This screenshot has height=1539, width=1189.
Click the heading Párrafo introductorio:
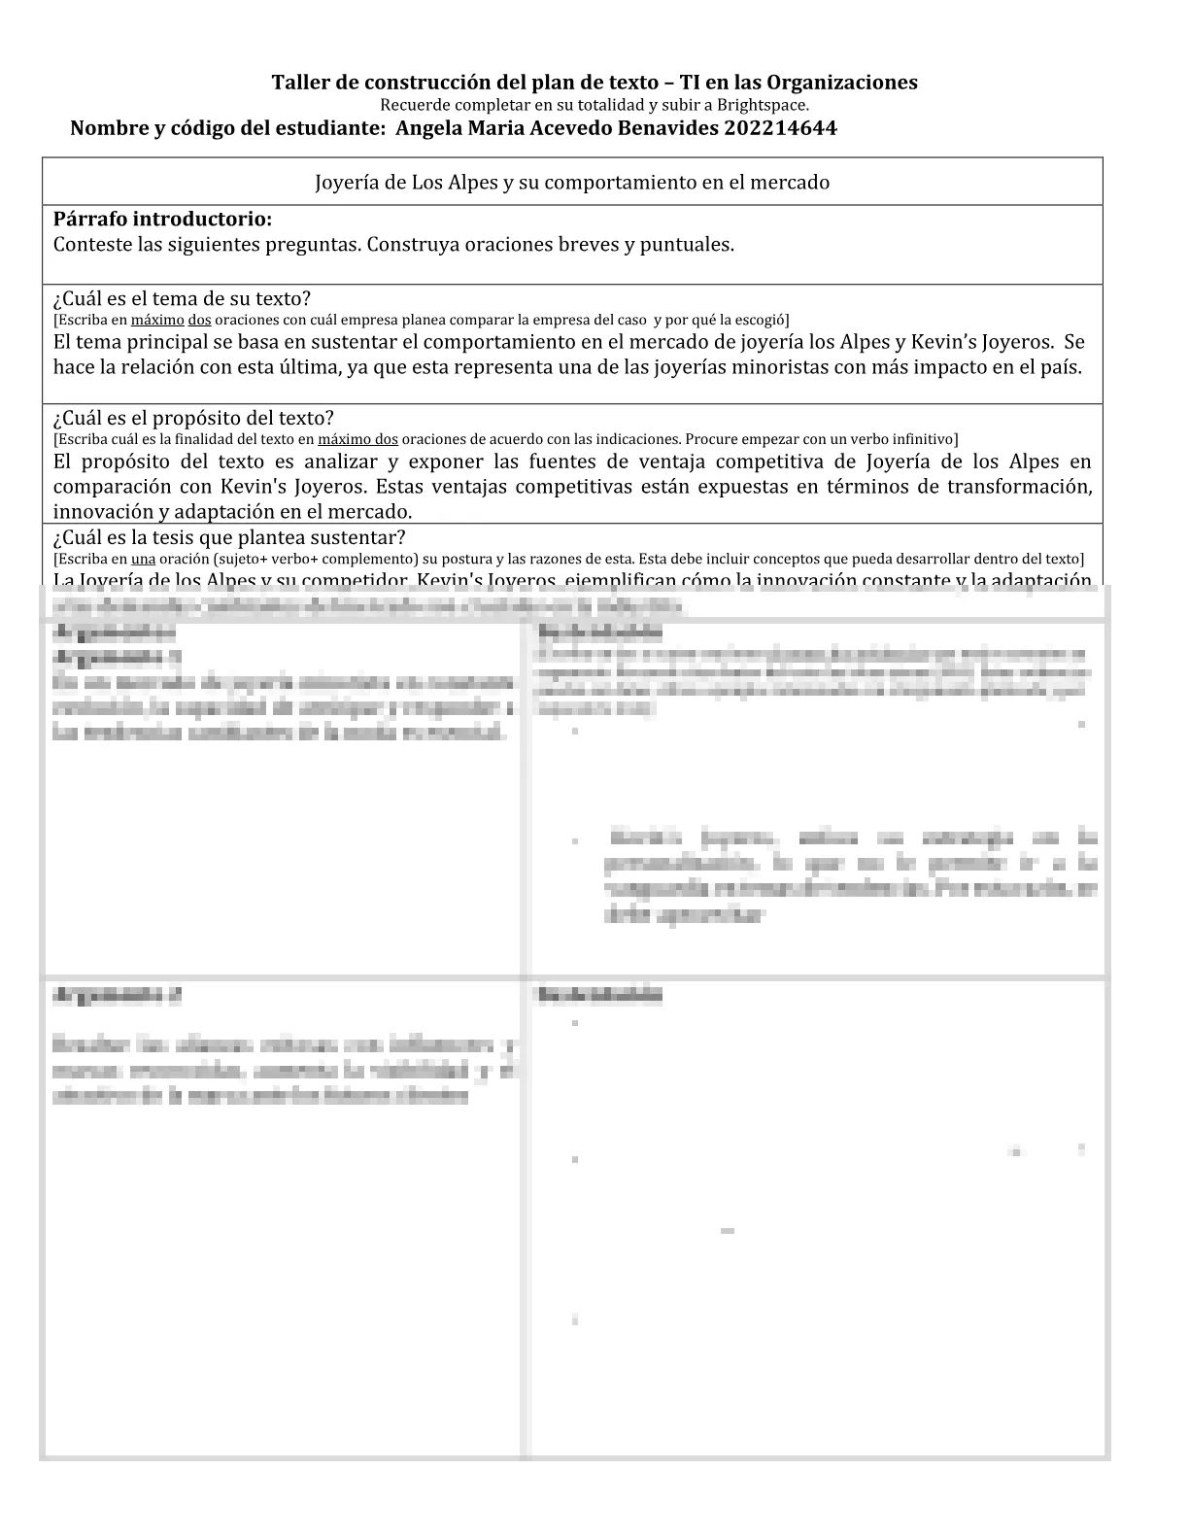(162, 220)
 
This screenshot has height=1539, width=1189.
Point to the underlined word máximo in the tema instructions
(157, 320)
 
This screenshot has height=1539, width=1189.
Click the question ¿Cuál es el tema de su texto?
(182, 298)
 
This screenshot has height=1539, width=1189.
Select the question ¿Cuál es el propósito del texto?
(193, 418)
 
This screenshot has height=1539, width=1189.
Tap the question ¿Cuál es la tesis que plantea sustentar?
(229, 537)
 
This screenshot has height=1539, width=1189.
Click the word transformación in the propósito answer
(1020, 487)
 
